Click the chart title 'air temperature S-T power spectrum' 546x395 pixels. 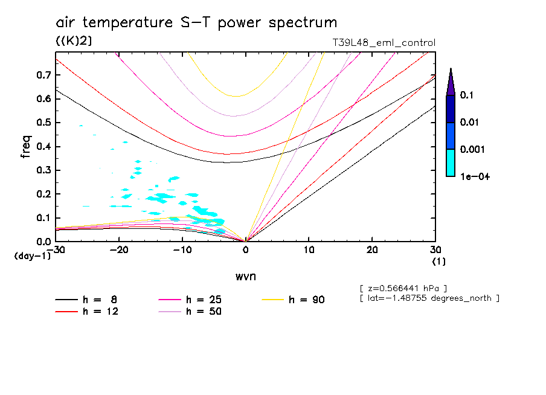click(x=196, y=23)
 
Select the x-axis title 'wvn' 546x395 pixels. click(x=245, y=276)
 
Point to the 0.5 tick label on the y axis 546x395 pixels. click(x=43, y=123)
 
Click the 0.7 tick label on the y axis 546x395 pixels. click(x=43, y=75)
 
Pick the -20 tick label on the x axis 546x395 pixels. click(x=120, y=250)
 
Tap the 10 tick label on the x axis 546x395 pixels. click(x=309, y=250)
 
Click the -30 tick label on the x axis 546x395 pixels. click(x=56, y=250)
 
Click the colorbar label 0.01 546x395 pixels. click(x=469, y=123)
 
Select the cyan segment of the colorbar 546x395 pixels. click(x=451, y=162)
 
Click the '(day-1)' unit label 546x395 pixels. click(x=33, y=256)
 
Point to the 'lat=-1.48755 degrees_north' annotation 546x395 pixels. click(x=429, y=298)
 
